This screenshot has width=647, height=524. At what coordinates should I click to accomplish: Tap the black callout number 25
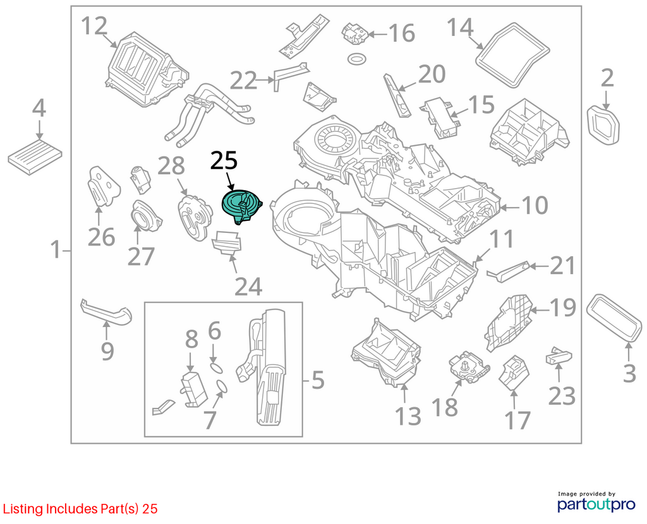pyautogui.click(x=224, y=161)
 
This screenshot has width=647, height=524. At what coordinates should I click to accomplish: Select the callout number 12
pyautogui.click(x=94, y=26)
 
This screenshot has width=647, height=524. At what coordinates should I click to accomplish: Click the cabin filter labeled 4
pyautogui.click(x=35, y=157)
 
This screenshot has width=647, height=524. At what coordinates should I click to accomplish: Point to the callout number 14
pyautogui.click(x=460, y=27)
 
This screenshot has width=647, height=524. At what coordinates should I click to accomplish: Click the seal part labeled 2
pyautogui.click(x=604, y=126)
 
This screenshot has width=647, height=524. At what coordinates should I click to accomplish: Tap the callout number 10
pyautogui.click(x=535, y=205)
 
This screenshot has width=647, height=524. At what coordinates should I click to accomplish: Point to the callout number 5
pyautogui.click(x=318, y=379)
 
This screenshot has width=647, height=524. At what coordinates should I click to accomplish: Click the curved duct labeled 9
pyautogui.click(x=106, y=312)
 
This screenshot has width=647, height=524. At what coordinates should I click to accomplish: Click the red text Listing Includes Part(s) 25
pyautogui.click(x=80, y=509)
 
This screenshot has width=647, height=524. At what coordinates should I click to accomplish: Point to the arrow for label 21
pyautogui.click(x=539, y=266)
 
